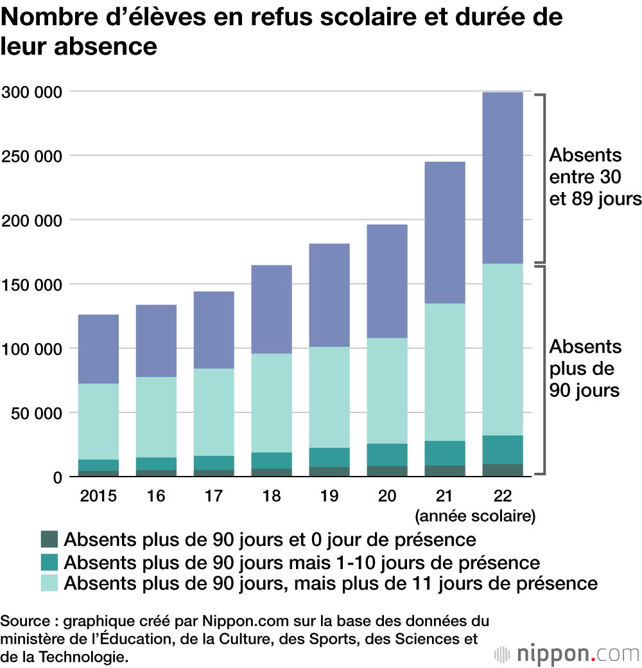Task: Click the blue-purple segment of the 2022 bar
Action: click(x=503, y=177)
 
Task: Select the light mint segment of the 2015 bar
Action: click(x=98, y=421)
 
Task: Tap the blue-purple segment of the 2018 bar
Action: click(x=272, y=309)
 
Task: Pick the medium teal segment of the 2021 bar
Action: click(x=445, y=453)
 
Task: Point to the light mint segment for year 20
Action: click(x=387, y=391)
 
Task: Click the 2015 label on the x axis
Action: click(x=98, y=496)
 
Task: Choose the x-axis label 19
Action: click(x=329, y=496)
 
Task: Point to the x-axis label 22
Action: click(x=503, y=496)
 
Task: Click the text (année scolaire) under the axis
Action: click(x=475, y=515)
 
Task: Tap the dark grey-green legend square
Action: click(x=49, y=539)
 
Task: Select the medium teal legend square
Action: click(x=49, y=561)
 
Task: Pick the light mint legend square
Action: click(x=49, y=583)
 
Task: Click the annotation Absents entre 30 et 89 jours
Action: click(x=594, y=177)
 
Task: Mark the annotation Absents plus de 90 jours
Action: click(x=584, y=368)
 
